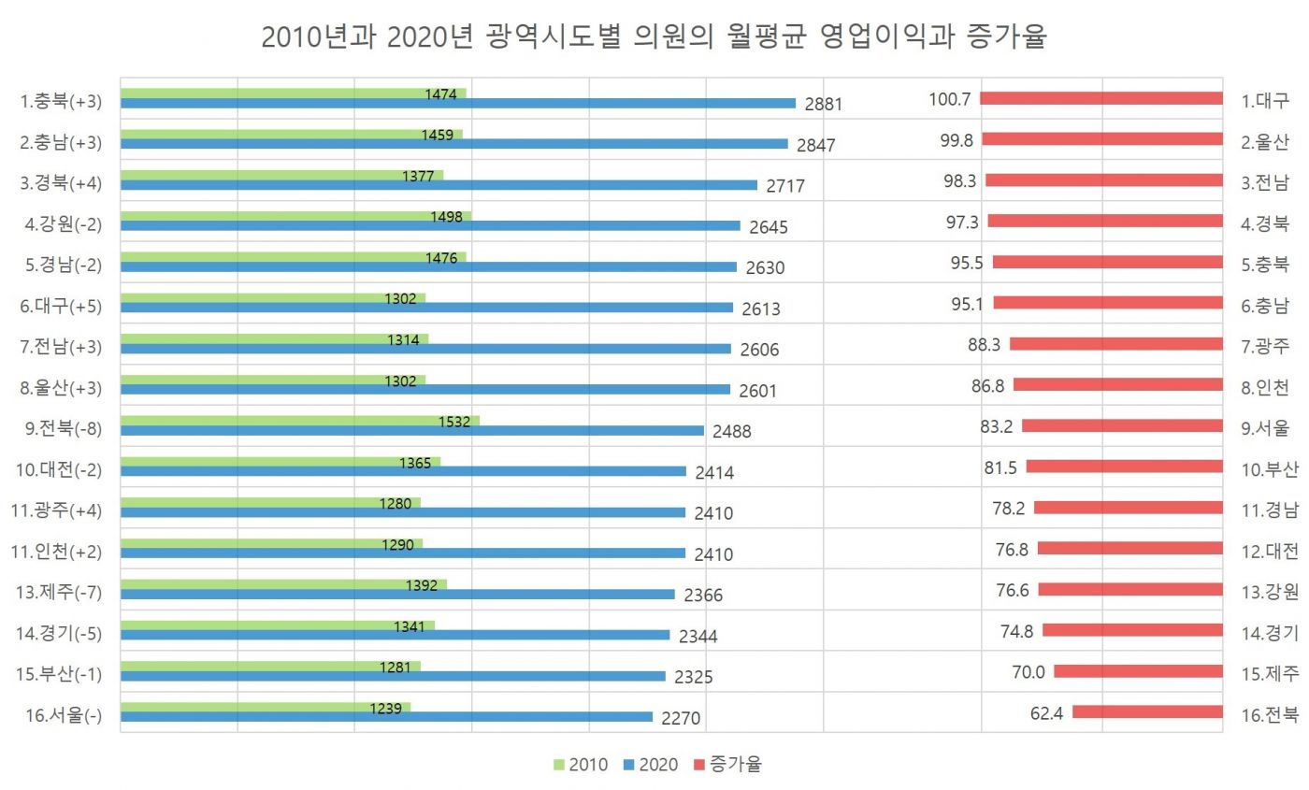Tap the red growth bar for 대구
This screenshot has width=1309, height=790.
point(1101,98)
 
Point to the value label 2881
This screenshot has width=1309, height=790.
point(824,105)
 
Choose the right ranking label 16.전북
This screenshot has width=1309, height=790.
point(1270,714)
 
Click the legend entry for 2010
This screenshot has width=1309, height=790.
point(580,765)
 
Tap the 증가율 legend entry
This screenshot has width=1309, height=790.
point(727,765)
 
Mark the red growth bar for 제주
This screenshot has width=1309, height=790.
point(1138,671)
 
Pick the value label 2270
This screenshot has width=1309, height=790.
point(681,719)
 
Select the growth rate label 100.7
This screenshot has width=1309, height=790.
point(950,99)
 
